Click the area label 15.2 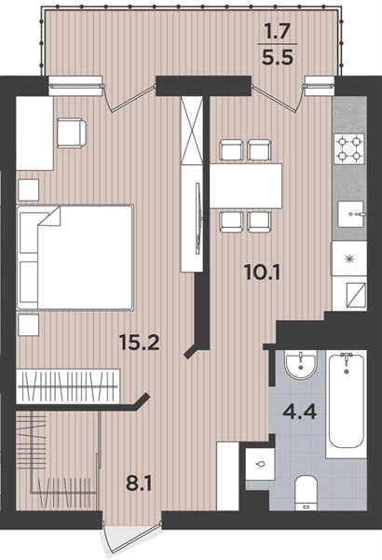(x=139, y=343)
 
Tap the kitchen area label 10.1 (x=263, y=273)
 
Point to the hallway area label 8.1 (x=139, y=483)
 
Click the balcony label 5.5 (x=278, y=57)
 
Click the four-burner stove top (x=348, y=148)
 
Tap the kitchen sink (x=351, y=215)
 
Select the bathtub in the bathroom (x=346, y=404)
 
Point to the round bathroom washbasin (x=300, y=365)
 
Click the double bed (x=75, y=258)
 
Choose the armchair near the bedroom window (x=72, y=133)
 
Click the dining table (x=246, y=186)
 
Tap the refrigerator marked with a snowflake (x=349, y=259)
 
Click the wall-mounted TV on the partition (x=198, y=218)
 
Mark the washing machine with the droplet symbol (x=260, y=465)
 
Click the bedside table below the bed (x=29, y=325)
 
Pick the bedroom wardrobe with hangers (x=68, y=386)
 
